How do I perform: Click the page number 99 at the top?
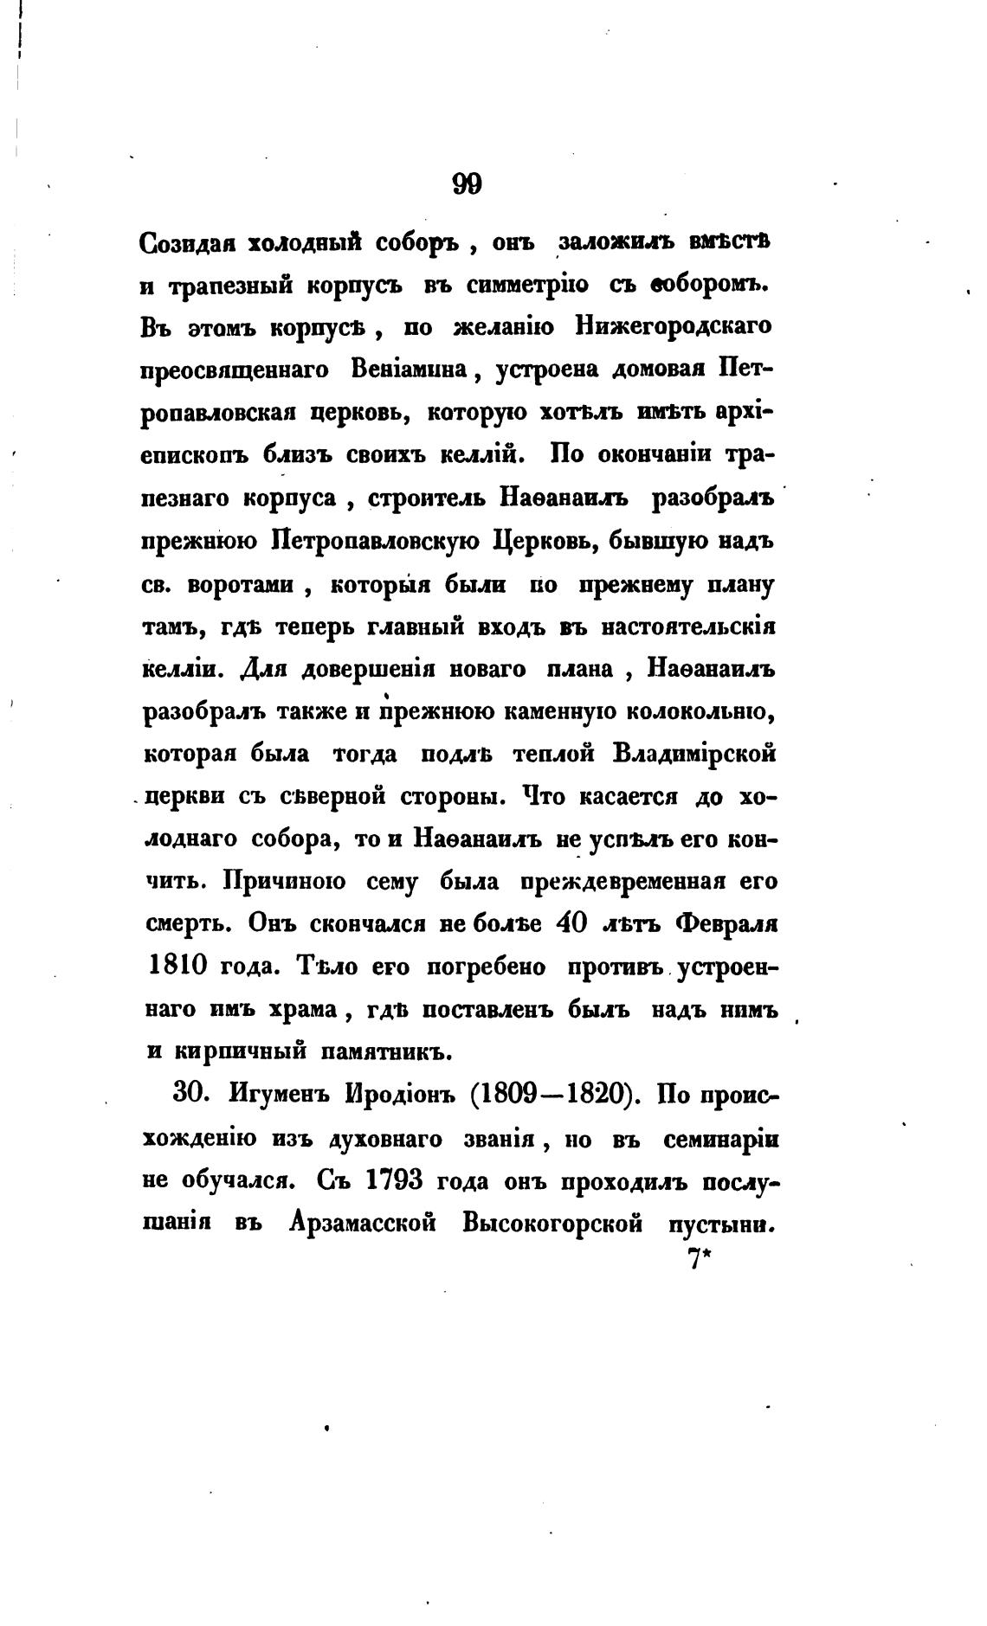467,184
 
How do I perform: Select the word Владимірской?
693,754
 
